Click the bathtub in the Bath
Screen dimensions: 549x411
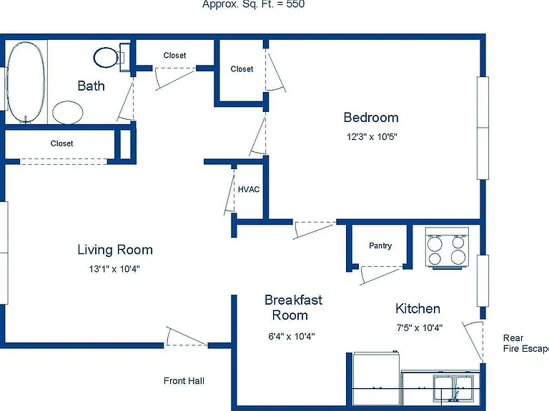26,83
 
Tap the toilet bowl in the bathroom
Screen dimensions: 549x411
106,57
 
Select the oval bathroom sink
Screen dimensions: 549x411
68,112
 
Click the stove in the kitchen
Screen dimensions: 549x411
447,248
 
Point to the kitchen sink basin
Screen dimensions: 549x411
454,387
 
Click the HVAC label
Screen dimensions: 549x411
249,189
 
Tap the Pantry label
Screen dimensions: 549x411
380,245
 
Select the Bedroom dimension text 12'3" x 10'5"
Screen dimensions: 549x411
372,137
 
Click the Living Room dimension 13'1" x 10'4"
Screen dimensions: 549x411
114,269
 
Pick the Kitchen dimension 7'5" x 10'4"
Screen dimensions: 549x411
420,328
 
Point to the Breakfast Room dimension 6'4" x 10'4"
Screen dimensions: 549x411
292,336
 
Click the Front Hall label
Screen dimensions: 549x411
184,381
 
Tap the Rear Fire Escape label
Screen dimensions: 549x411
526,343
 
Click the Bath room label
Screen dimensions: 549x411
91,86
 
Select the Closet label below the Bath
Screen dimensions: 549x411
61,143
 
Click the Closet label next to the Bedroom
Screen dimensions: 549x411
242,68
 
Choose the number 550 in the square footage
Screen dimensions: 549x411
295,4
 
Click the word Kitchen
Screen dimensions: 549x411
417,308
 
